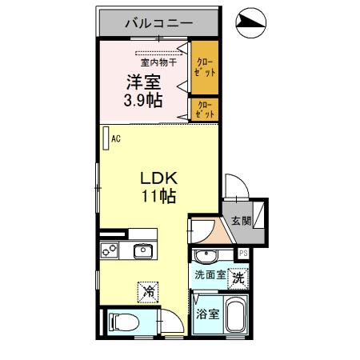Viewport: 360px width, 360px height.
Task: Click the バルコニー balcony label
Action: point(158,23)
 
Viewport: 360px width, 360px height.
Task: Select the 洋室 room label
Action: point(142,82)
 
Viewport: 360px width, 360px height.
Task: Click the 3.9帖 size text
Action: point(142,101)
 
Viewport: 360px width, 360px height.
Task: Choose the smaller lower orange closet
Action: point(203,110)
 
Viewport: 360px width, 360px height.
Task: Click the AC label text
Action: point(115,139)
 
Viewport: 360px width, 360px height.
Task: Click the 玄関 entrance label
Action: point(240,221)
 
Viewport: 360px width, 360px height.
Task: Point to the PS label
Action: point(243,254)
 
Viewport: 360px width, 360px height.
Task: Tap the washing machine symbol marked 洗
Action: point(237,278)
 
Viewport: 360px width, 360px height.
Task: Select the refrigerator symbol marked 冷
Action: point(148,292)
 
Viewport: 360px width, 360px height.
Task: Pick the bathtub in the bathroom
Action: point(234,318)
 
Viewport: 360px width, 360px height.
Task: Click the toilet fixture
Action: point(124,322)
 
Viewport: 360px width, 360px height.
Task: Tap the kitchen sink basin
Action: point(143,251)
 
